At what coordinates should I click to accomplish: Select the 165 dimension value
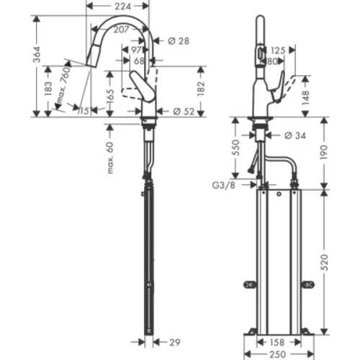coord(112,94)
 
